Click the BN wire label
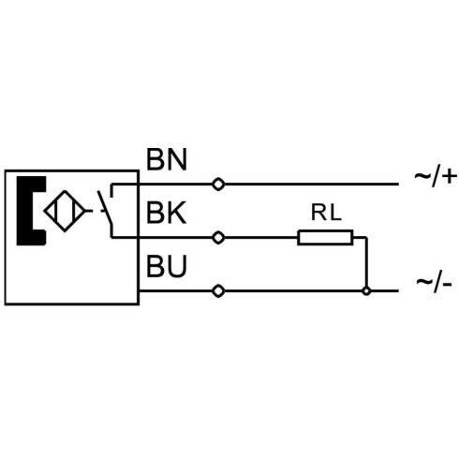click(x=167, y=159)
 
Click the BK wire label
click(x=166, y=213)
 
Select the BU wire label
click(x=167, y=266)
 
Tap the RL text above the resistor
click(x=326, y=213)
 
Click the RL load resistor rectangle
click(x=325, y=237)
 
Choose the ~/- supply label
click(x=434, y=284)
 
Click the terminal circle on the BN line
click(x=218, y=185)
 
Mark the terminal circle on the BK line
click(x=218, y=238)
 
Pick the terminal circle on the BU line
click(x=218, y=291)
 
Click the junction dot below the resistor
click(x=366, y=291)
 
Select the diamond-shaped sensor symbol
click(x=65, y=211)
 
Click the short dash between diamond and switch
click(x=89, y=211)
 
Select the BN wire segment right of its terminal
click(x=311, y=185)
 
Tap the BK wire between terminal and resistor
click(x=261, y=238)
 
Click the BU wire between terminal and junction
click(x=293, y=291)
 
